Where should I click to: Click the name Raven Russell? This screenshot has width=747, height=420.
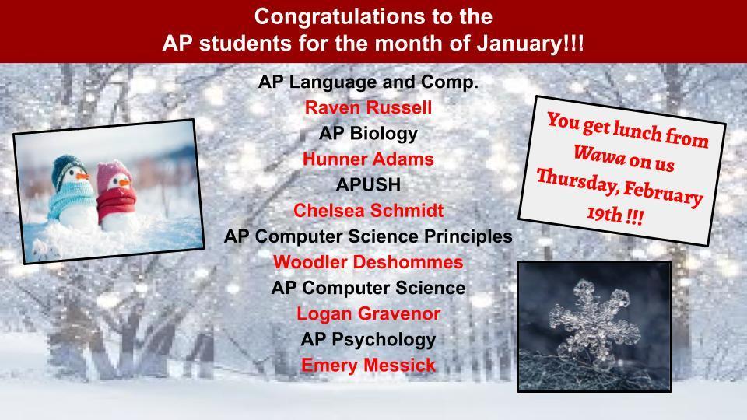coord(368,107)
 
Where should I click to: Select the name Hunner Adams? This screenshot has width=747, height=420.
coord(368,159)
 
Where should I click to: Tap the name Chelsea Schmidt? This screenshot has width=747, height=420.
coord(368,211)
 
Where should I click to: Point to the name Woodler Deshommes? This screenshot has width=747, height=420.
coord(368,262)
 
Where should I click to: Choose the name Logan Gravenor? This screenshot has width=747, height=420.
coord(368,313)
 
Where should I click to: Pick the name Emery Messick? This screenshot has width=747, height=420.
coord(368,365)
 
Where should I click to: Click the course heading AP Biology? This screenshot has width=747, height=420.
coord(368,134)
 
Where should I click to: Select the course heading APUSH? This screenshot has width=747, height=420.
coord(368,185)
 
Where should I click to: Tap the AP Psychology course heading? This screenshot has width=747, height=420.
coord(368,339)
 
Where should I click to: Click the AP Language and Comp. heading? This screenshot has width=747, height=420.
coord(368,82)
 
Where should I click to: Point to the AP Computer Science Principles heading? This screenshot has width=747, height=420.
coord(368,236)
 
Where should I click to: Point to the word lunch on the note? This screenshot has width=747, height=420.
coord(638,135)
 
